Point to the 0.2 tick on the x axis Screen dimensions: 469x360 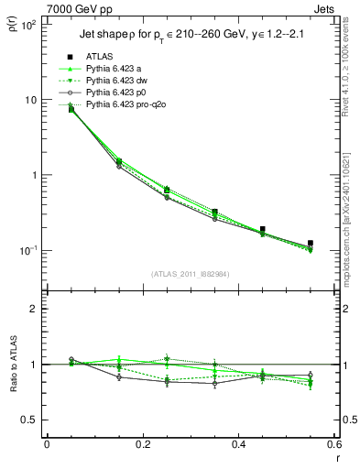point(142,445)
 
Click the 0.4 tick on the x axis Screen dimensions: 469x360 point(238,445)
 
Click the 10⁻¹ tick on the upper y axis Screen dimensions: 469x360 point(28,250)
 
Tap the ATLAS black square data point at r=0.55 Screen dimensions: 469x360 point(311,244)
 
